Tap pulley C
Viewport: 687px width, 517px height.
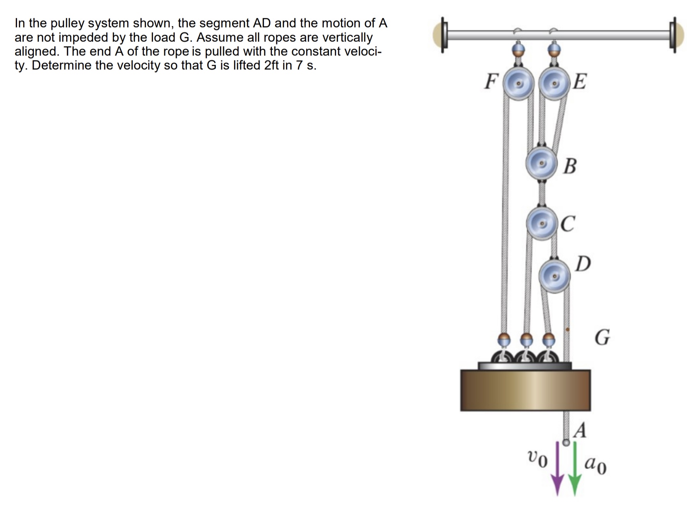(542, 223)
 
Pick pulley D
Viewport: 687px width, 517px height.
(554, 276)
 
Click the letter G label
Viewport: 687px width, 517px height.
(602, 337)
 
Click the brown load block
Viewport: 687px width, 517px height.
(525, 390)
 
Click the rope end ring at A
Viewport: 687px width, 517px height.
(566, 443)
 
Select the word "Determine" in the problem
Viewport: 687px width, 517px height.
(62, 65)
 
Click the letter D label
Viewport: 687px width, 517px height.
(583, 264)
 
